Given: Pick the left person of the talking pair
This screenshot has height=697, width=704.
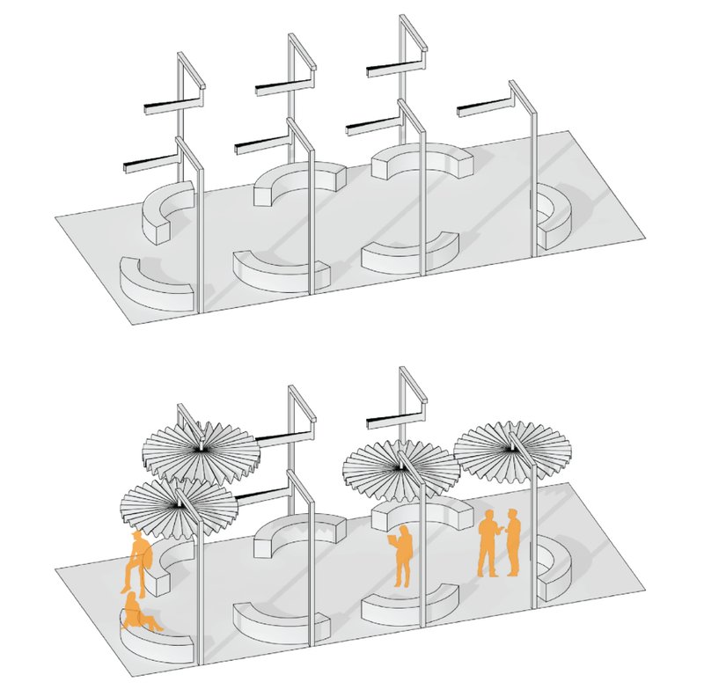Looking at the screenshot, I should tap(488, 544).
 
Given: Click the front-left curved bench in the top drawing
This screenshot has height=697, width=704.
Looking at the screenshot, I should tap(157, 282).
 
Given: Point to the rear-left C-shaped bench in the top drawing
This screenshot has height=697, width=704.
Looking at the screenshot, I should tap(167, 211).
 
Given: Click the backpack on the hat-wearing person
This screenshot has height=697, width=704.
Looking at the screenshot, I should tap(147, 557).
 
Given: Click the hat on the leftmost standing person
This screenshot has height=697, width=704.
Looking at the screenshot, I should tap(136, 535).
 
